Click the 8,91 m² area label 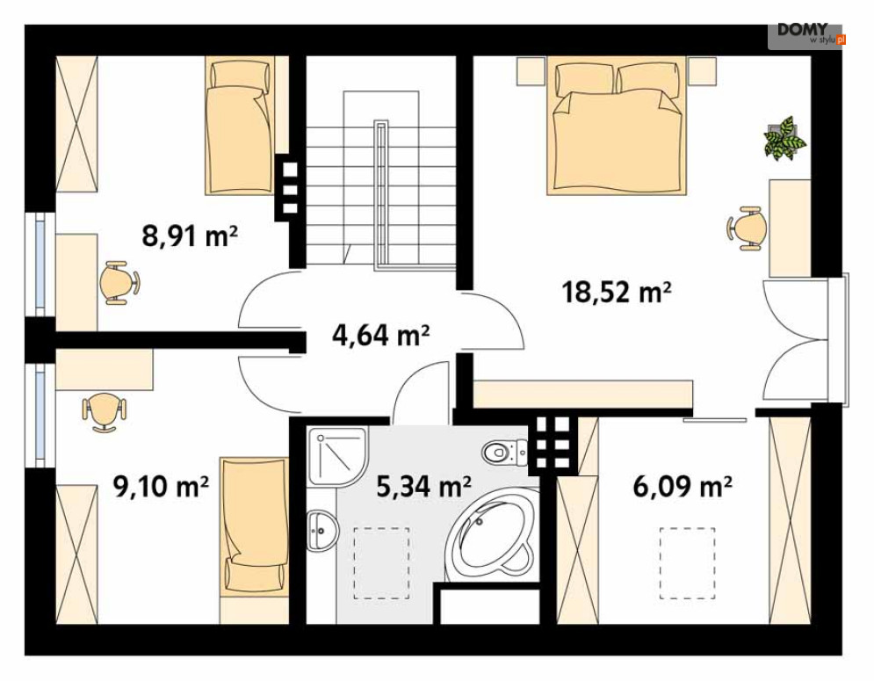[x=190, y=235]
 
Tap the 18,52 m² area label [x=616, y=292]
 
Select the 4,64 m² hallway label [x=380, y=335]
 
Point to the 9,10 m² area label [x=161, y=486]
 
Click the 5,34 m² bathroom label [x=423, y=486]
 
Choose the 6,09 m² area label [x=683, y=486]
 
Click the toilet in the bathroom [x=505, y=453]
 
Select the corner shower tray [x=338, y=456]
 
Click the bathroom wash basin [x=322, y=531]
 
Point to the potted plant [x=786, y=138]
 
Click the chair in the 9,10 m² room [x=105, y=411]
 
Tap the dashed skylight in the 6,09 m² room [x=687, y=563]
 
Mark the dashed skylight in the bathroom [x=382, y=563]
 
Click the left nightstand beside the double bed [x=531, y=71]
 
